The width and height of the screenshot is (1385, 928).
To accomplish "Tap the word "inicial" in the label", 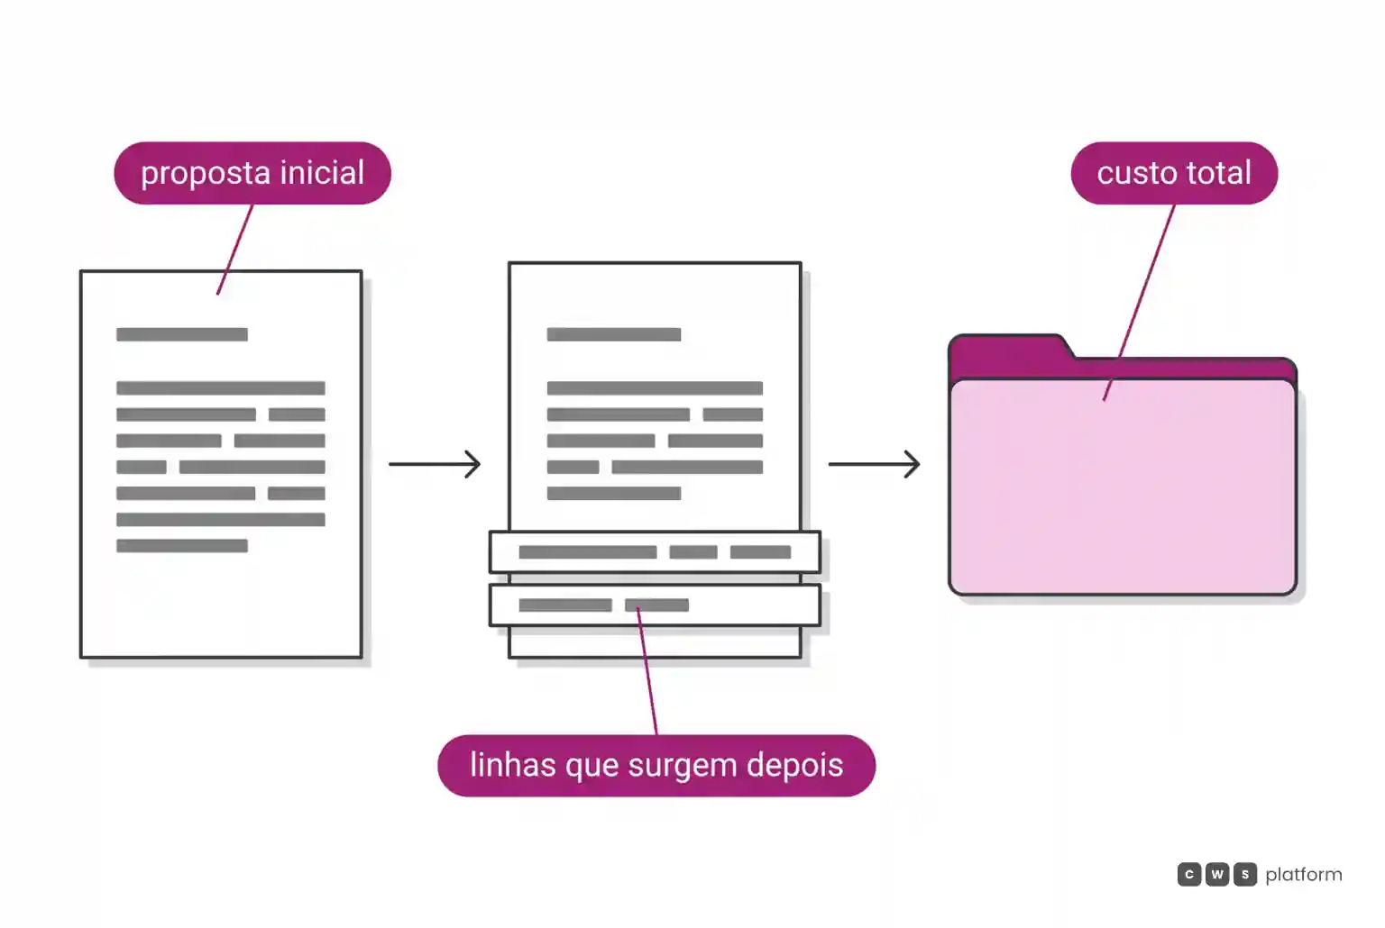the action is (322, 172).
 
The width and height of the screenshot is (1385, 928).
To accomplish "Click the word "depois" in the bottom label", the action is (794, 766).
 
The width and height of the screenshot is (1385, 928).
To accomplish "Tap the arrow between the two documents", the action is (435, 464).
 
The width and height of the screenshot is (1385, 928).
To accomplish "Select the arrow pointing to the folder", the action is (875, 464).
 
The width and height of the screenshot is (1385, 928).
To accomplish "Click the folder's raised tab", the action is (1009, 353).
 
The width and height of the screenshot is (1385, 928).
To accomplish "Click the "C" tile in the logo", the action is (1189, 875).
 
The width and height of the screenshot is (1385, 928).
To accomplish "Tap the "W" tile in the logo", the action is (1216, 875).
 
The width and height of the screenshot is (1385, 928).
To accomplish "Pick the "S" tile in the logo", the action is (1245, 875).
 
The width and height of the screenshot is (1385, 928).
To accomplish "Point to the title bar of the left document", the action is (182, 334).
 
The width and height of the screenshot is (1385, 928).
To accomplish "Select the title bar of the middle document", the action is (614, 334).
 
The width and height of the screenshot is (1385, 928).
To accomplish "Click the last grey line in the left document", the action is (182, 546).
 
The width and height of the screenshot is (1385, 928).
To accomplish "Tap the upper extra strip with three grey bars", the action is (655, 551).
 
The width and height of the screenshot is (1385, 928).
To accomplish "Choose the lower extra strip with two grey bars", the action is (655, 605).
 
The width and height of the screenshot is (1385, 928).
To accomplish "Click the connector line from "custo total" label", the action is (1139, 303).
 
